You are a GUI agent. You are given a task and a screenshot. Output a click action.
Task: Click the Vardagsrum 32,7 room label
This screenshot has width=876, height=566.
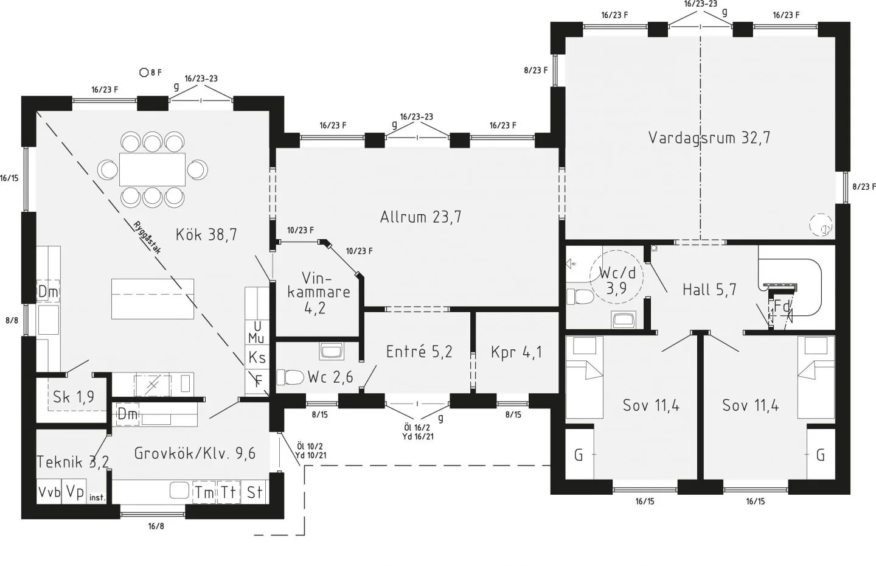click(x=709, y=138)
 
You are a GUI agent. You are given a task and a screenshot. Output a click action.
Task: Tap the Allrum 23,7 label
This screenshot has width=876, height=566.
click(x=420, y=217)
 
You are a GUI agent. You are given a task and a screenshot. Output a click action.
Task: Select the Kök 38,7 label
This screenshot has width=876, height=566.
click(x=206, y=234)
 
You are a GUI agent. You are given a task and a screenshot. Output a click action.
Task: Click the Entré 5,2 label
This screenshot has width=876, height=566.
click(x=419, y=352)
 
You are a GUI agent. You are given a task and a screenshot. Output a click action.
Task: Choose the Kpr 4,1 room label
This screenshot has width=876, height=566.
click(x=516, y=352)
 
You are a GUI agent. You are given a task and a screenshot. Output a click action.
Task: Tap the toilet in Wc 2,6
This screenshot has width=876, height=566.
click(x=290, y=377)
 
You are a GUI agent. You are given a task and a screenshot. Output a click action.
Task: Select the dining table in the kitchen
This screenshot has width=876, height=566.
click(x=152, y=169)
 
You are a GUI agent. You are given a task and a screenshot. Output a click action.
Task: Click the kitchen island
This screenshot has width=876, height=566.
click(x=153, y=298)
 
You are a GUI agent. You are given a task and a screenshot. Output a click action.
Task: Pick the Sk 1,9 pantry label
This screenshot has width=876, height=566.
click(x=73, y=397)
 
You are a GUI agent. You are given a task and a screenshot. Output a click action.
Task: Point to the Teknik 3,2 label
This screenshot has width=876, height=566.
click(x=73, y=462)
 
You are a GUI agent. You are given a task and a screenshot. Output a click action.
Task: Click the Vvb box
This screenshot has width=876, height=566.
click(x=49, y=492)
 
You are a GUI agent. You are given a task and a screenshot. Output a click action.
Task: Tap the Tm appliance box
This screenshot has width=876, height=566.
click(x=204, y=492)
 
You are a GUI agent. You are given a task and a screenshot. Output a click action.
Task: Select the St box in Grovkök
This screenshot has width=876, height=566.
click(x=254, y=492)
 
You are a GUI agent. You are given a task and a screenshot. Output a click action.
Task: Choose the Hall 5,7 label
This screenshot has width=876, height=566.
click(x=709, y=290)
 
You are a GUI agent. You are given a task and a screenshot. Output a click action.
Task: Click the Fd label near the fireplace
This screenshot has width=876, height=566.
click(x=781, y=307)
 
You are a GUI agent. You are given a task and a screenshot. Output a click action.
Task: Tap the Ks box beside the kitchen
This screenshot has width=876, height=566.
click(x=257, y=357)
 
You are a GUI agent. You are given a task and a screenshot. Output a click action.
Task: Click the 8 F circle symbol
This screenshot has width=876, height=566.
click(x=144, y=72)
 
